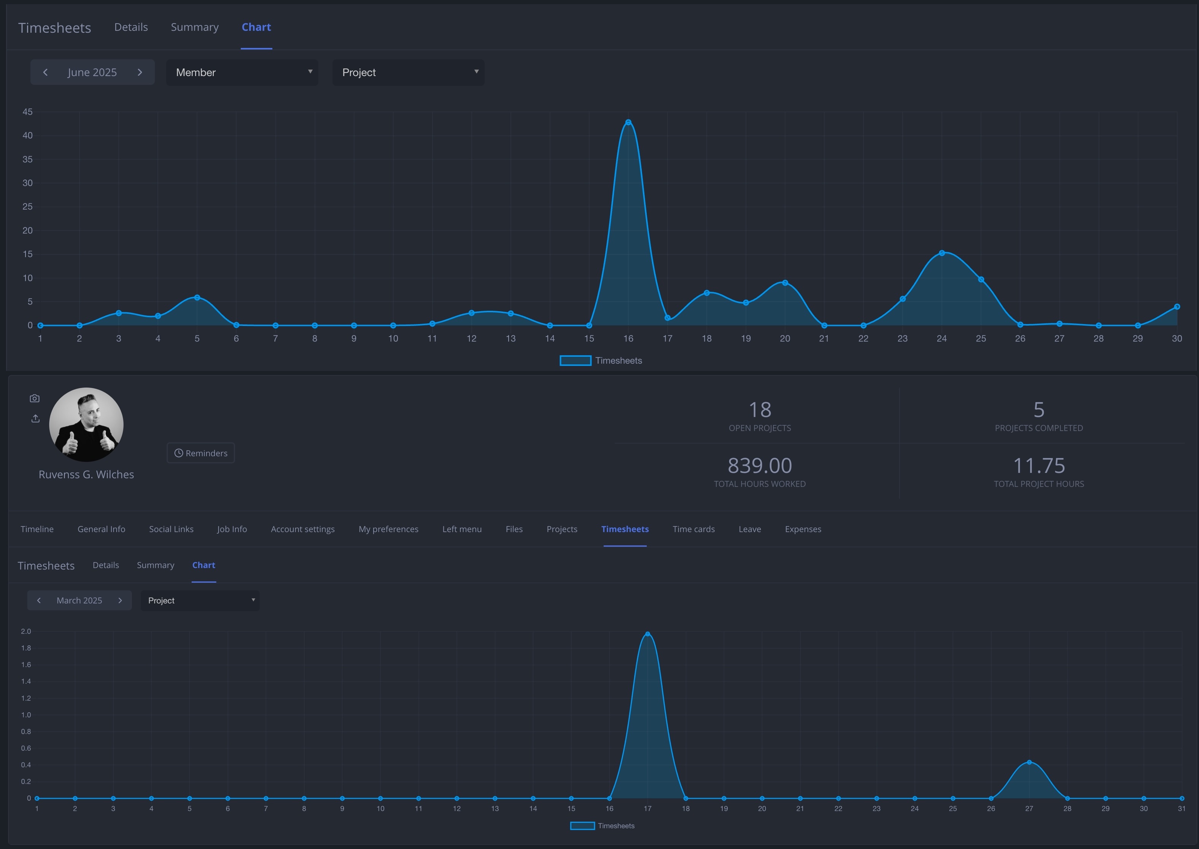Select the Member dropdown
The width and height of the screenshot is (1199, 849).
[x=242, y=72]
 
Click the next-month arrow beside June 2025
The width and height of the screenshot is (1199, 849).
[x=140, y=72]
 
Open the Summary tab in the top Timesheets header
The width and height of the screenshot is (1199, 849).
[x=194, y=27]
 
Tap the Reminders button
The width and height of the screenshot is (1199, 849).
[x=201, y=453]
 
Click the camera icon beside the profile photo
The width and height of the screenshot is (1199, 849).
[x=35, y=398]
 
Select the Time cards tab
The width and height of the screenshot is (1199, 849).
[x=693, y=529]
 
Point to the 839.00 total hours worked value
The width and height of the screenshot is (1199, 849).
[x=759, y=465]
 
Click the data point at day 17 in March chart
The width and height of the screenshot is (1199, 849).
[x=647, y=634]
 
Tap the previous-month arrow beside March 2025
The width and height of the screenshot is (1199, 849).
[x=39, y=600]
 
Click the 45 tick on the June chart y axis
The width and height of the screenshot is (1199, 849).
[x=27, y=112]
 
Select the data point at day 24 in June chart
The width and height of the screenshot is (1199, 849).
[x=941, y=253]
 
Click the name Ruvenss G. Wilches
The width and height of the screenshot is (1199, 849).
[x=86, y=474]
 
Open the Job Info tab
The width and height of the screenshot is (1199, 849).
[x=232, y=529]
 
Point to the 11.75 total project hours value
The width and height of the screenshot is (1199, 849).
[x=1038, y=465]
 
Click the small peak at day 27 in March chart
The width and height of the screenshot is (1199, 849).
[x=1029, y=762]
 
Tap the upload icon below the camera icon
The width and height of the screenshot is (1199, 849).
[x=35, y=418]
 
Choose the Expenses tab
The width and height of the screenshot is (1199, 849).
[x=802, y=529]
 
